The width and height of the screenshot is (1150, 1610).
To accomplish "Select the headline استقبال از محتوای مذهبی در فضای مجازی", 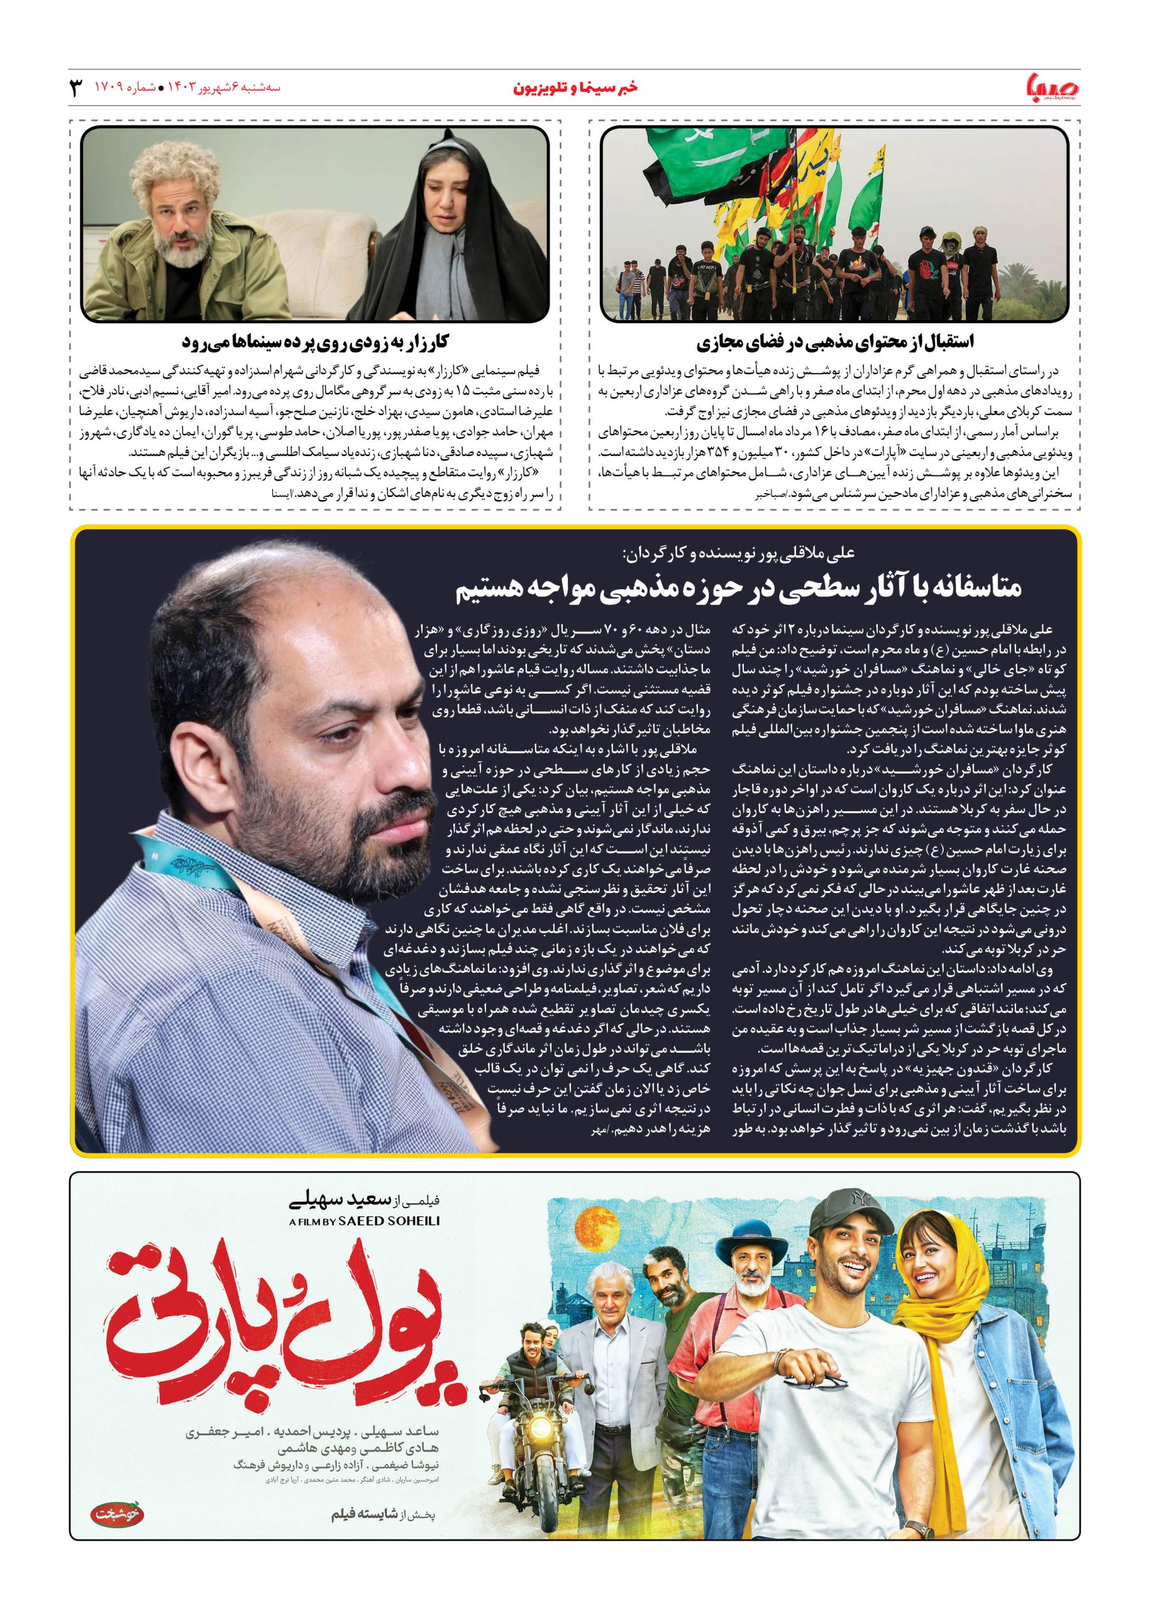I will [x=834, y=343].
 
